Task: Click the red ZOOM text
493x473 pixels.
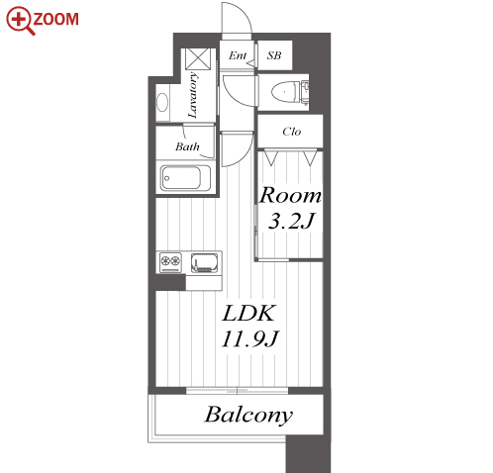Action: coord(56,19)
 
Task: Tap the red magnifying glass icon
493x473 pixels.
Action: coord(20,21)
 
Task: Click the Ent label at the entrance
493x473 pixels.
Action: coord(238,55)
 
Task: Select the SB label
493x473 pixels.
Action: coord(274,55)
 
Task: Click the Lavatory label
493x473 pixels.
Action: coord(193,95)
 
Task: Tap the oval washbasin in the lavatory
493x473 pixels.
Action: coord(162,102)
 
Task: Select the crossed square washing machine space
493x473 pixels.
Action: coord(198,59)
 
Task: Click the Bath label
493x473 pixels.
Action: coord(187,146)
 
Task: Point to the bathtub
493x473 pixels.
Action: coord(186,178)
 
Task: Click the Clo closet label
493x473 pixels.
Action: coord(292,132)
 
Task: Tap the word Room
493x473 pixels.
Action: coord(290,195)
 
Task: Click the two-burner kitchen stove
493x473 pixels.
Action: coord(170,262)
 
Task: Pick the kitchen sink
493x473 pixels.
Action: coord(205,262)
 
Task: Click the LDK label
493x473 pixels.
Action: coord(248,313)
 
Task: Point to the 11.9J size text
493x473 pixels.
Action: coord(250,337)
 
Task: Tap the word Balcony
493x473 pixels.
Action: coord(248,415)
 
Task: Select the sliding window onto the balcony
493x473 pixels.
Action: coord(237,391)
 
